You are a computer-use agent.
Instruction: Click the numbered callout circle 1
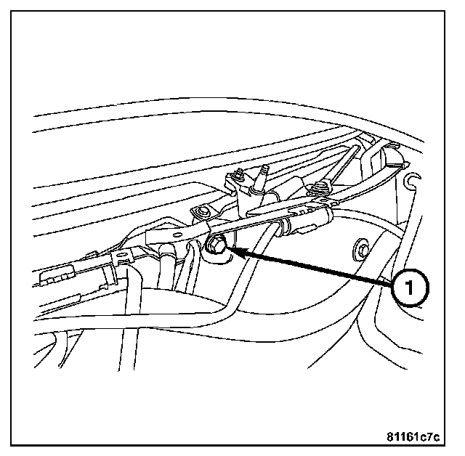tap(409, 288)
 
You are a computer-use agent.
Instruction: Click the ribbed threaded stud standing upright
tap(260, 179)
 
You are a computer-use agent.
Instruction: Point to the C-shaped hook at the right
tap(414, 182)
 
